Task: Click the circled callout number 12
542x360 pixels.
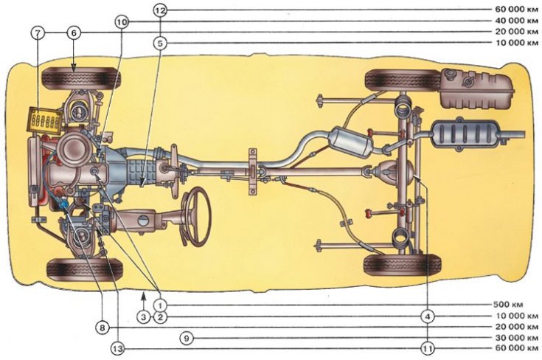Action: click(160, 10)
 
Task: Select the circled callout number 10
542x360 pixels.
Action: click(122, 22)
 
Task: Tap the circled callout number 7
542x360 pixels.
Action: click(38, 33)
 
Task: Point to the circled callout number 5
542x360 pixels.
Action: click(160, 44)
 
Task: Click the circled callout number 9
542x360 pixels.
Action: click(187, 338)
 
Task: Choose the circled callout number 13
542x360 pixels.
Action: click(118, 349)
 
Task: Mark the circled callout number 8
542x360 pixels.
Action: click(103, 328)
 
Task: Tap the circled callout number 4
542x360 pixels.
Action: click(428, 316)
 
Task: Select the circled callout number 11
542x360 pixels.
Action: click(428, 349)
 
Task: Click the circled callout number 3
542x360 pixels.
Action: click(144, 316)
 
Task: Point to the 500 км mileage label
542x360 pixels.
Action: click(508, 305)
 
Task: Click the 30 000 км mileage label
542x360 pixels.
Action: click(517, 338)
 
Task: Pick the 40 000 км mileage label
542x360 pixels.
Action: click(517, 21)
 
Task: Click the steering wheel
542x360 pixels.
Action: click(196, 216)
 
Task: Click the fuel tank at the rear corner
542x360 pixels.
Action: click(477, 89)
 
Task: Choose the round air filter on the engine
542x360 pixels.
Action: click(74, 149)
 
